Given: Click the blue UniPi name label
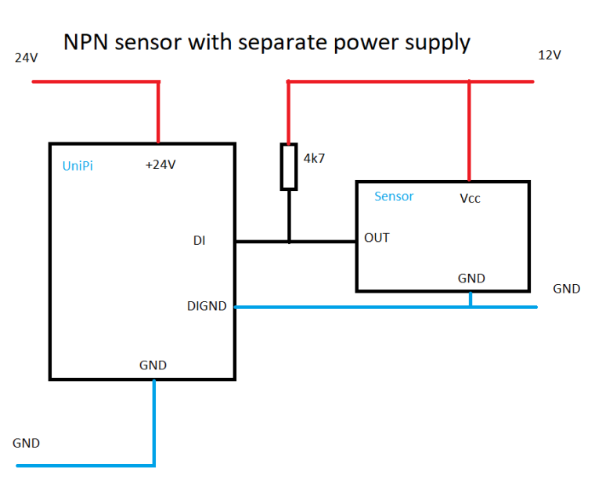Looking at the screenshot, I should point(78,166).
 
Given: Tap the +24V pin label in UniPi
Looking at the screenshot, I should point(160,164).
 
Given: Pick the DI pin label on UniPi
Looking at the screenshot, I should point(200,241).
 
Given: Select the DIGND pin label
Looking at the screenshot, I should point(207,306).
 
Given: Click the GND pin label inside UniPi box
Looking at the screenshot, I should point(153,365).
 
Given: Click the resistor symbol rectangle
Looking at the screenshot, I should point(289,167).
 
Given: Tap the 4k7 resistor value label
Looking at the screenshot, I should point(314,158).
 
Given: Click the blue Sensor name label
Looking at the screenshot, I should point(394,196).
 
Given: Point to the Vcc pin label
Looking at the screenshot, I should point(470,199).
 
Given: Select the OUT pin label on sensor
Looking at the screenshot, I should point(377,238).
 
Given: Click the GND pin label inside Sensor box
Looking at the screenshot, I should point(471,278).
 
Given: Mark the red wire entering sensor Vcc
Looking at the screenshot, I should point(470,133).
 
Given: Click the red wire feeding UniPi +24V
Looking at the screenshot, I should point(159,113).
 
